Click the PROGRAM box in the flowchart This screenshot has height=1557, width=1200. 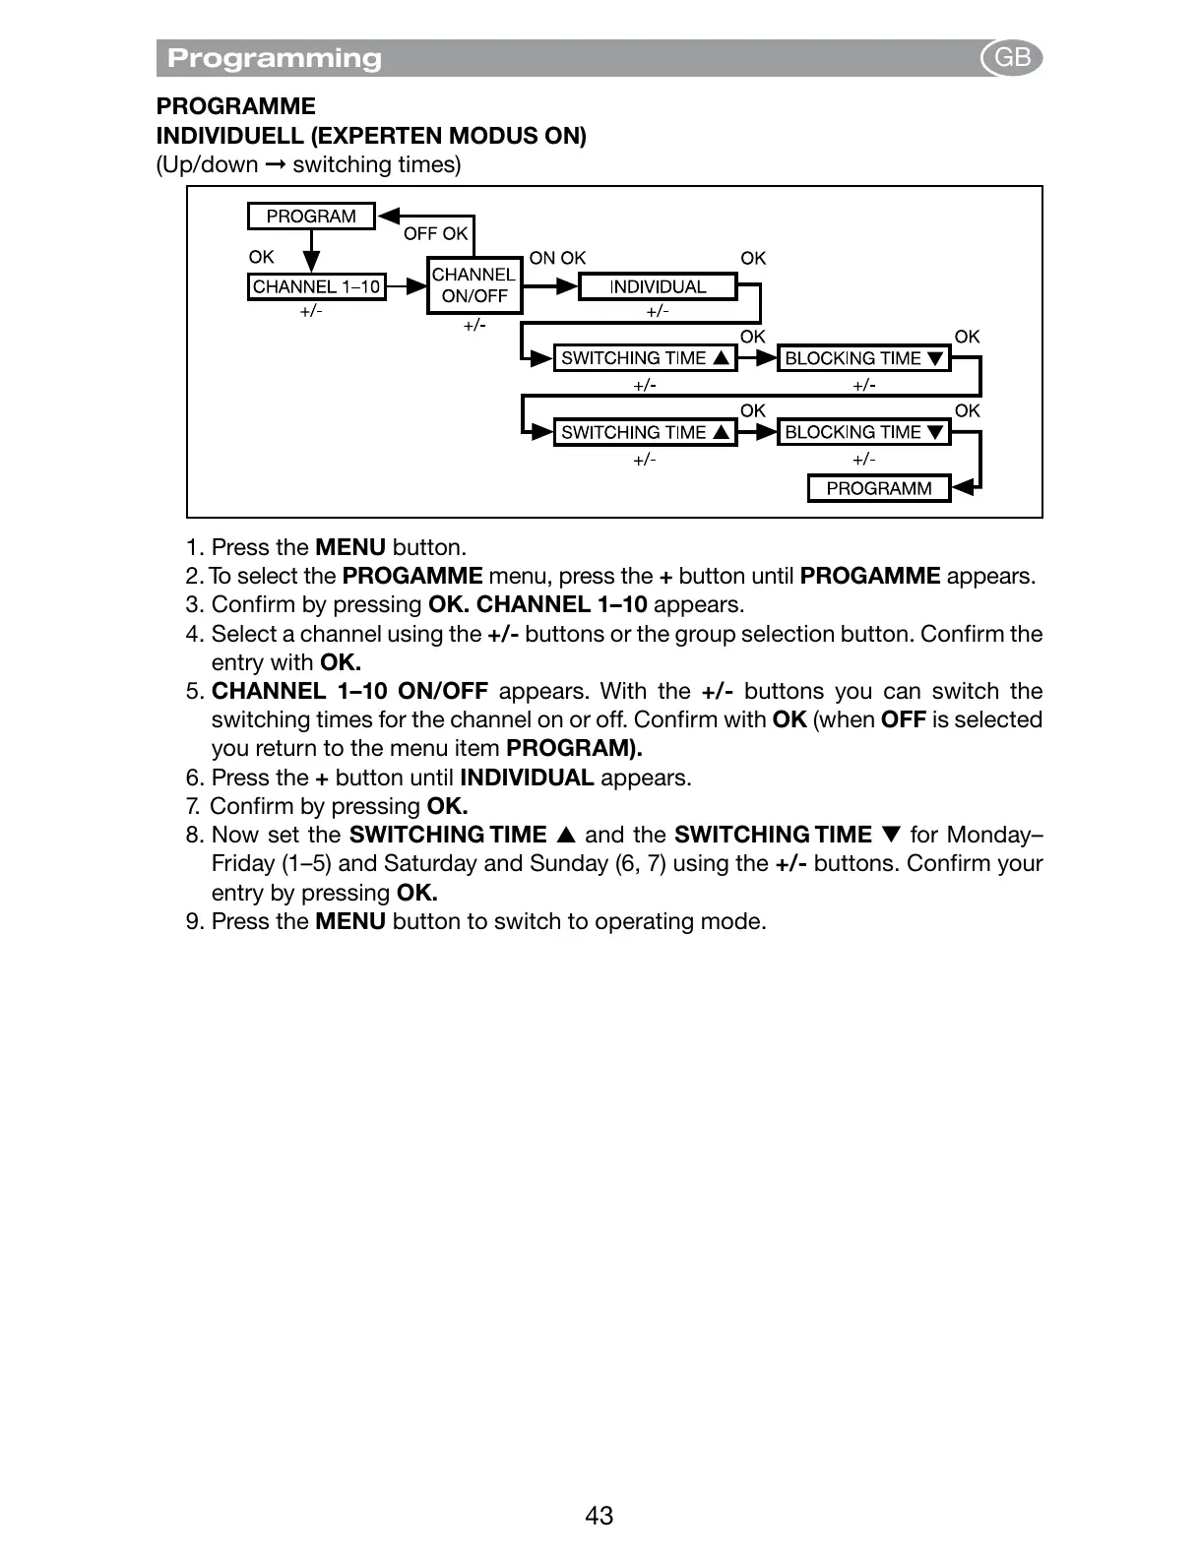(x=311, y=217)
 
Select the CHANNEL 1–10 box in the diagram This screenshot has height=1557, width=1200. (x=316, y=286)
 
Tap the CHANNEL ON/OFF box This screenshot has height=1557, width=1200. (x=474, y=285)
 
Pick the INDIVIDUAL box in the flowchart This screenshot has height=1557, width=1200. (x=658, y=286)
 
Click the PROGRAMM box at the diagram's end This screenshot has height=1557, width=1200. (x=878, y=488)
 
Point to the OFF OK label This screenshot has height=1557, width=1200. (x=435, y=233)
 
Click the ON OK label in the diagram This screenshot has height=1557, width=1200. (x=557, y=258)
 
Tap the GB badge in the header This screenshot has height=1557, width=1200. (x=1012, y=58)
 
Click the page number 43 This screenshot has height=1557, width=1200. (x=599, y=1516)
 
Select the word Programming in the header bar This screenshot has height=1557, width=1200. (x=275, y=58)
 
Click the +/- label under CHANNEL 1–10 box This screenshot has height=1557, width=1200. (x=311, y=311)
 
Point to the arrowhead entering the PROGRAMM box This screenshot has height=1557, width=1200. (x=965, y=487)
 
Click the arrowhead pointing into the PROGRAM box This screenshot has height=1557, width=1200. (x=389, y=217)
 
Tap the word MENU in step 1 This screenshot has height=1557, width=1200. (x=350, y=547)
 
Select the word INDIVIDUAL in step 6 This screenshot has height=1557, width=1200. (x=527, y=778)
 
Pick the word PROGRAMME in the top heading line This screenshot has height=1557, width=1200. (x=236, y=106)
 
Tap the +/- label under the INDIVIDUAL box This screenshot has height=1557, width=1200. (x=658, y=311)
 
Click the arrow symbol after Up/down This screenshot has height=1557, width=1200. (x=276, y=164)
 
